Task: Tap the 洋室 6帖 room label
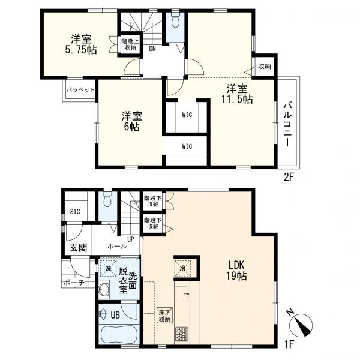click(x=132, y=121)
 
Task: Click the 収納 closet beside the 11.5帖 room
click(x=264, y=66)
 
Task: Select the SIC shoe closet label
click(x=76, y=211)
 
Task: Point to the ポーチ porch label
click(x=71, y=283)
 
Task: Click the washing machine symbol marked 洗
click(x=108, y=268)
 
